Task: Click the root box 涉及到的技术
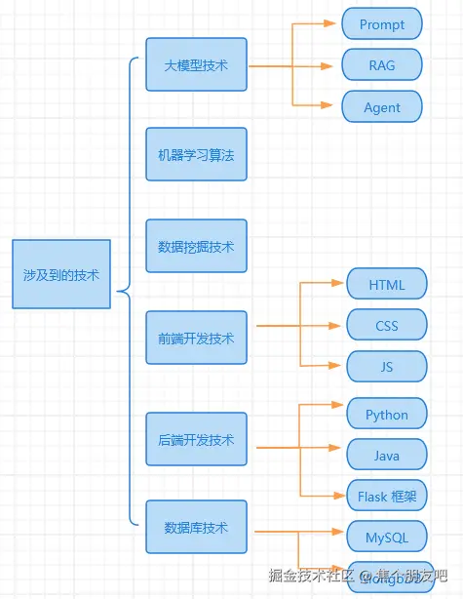61,274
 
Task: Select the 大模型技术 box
196,64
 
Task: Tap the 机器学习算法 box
196,154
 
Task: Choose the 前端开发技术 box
196,339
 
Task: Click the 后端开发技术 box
196,440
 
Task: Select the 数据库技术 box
196,527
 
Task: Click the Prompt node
381,23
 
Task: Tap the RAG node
381,65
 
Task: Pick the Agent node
381,107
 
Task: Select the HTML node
387,284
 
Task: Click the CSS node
387,325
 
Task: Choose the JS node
387,366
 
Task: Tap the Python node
387,414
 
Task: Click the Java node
387,455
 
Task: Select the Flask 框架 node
387,496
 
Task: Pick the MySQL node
387,537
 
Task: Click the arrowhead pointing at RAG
335,66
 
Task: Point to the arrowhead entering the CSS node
341,325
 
